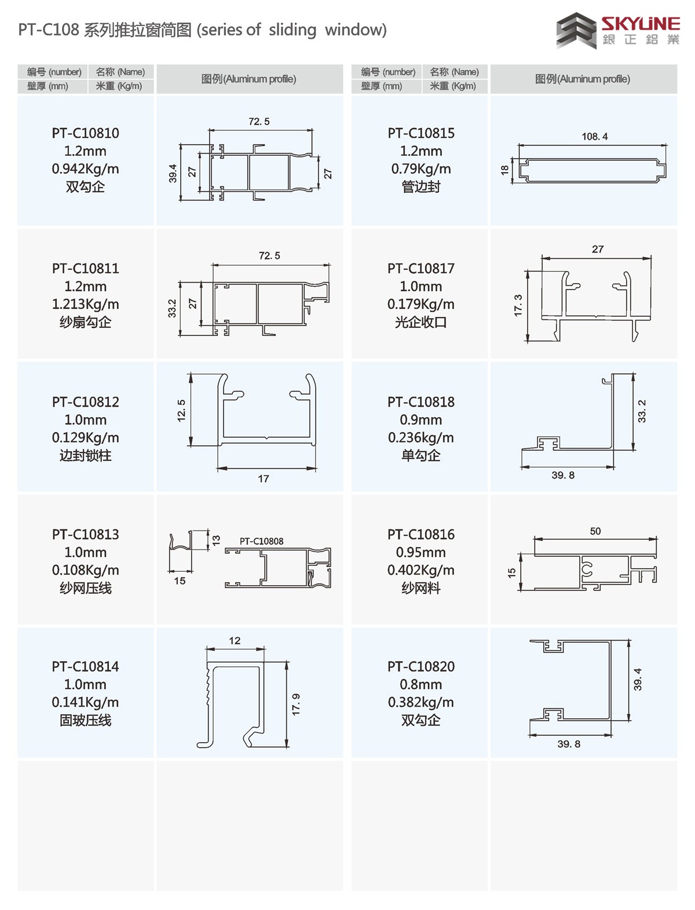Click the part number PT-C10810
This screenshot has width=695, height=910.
[x=85, y=133]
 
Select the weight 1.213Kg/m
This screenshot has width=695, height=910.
[x=85, y=304]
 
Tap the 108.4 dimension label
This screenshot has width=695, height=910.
[x=595, y=137]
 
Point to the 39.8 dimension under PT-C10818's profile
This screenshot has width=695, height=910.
[x=563, y=476]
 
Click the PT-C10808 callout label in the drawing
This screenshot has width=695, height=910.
[x=262, y=542]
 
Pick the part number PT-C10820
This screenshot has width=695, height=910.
[x=421, y=667]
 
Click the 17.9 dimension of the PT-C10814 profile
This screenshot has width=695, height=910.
[x=296, y=704]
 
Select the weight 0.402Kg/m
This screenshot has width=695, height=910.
[x=421, y=571]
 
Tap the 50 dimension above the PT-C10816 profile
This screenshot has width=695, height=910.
[x=595, y=531]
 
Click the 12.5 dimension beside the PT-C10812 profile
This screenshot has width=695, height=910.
[x=181, y=411]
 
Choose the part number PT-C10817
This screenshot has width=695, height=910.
[x=421, y=269]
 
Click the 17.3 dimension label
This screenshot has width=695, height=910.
[x=518, y=305]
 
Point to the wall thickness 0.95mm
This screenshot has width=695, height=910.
[x=421, y=553]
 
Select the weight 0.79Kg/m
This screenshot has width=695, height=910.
[x=421, y=169]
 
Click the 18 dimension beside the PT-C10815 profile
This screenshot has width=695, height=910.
[x=504, y=170]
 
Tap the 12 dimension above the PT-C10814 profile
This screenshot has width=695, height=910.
[x=235, y=641]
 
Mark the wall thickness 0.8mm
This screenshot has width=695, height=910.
[x=421, y=685]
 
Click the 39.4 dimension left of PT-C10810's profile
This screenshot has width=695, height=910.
[x=173, y=173]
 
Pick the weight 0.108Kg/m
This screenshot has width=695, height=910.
[x=85, y=571]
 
